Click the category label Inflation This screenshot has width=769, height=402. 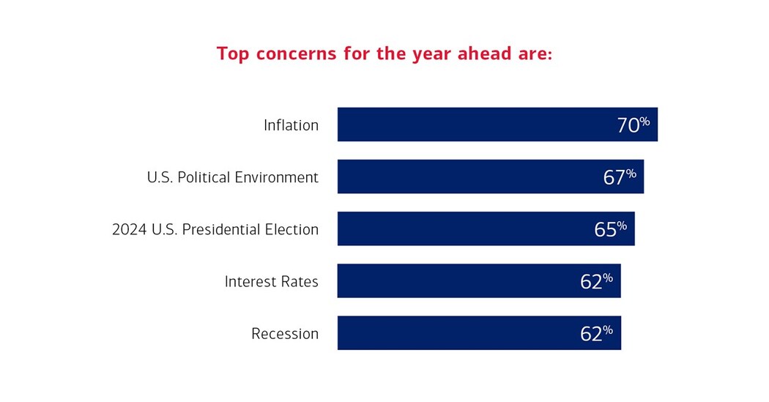click(x=291, y=125)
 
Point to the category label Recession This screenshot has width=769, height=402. click(x=285, y=334)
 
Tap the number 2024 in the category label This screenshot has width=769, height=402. click(x=128, y=230)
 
